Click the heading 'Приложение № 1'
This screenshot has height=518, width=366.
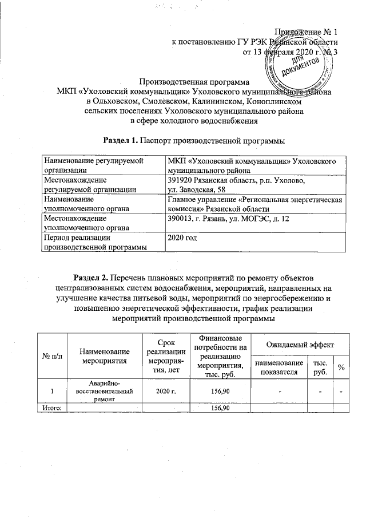307,30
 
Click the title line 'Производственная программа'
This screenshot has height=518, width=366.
194,81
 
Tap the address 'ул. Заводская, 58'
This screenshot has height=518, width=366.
197,189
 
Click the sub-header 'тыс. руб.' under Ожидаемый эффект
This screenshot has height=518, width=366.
317,367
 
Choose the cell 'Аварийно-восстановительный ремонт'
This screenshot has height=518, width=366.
105,392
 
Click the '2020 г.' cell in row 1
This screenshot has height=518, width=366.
160,392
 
